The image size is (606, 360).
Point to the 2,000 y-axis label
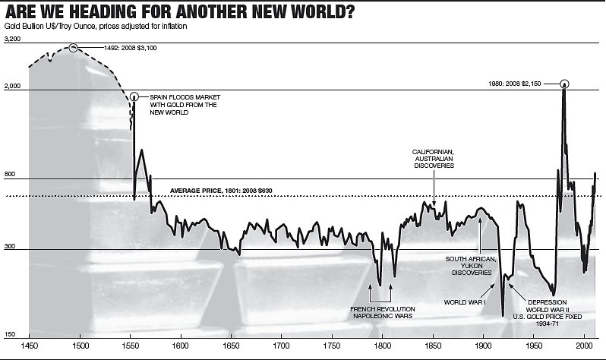click(12, 87)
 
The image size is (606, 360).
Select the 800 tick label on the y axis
click(9, 175)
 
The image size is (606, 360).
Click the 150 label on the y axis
click(9, 333)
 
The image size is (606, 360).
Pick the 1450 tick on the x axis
click(30, 346)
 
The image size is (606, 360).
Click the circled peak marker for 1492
click(73, 48)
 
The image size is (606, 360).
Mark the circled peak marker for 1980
click(564, 84)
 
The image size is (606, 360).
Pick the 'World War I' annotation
click(465, 302)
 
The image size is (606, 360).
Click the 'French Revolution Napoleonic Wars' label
click(381, 312)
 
